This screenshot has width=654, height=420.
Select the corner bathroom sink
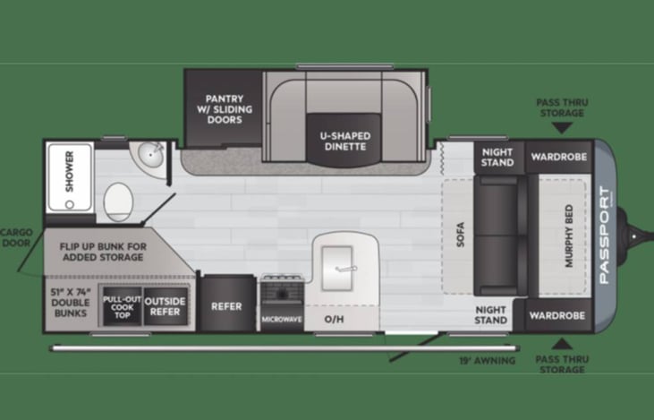[146, 159]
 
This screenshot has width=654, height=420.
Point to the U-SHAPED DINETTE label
[345, 141]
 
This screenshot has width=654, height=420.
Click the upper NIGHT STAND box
[497, 157]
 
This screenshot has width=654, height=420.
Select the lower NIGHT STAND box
[491, 314]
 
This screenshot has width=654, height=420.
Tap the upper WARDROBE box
[558, 157]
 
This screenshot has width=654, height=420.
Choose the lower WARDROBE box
[558, 315]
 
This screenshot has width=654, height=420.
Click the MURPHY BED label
[569, 236]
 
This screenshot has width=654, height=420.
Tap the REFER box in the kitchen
[226, 306]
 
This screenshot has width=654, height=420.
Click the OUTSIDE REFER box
[166, 306]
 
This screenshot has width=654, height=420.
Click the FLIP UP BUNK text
[101, 250]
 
